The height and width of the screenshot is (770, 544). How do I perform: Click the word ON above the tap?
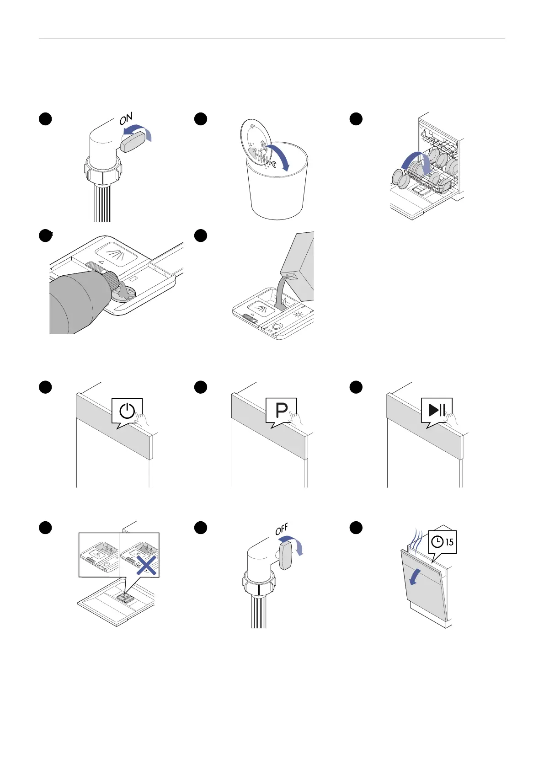tap(126, 119)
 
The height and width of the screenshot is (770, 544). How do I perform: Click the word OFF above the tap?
tap(282, 529)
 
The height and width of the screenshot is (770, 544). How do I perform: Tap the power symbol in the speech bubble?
tap(127, 411)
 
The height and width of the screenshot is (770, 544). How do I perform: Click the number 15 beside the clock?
tap(449, 542)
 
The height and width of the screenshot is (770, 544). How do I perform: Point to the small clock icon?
tap(437, 542)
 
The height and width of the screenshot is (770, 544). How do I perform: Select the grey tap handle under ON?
tap(133, 143)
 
